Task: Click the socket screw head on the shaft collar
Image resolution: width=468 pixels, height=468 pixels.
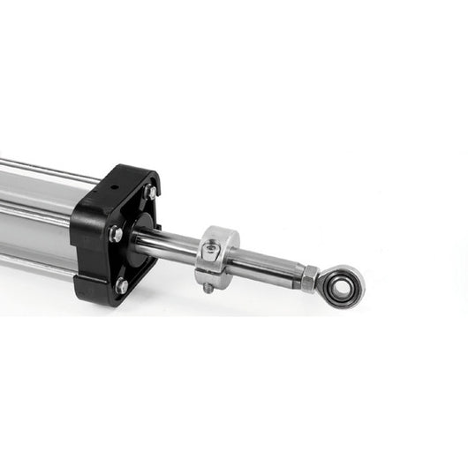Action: click(210, 251)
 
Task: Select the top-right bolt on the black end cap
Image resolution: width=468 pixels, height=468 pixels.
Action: click(151, 192)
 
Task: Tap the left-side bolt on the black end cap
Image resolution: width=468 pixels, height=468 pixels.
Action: click(115, 234)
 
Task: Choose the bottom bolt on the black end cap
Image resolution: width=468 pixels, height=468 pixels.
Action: click(121, 285)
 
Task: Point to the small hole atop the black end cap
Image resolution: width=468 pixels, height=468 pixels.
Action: click(115, 187)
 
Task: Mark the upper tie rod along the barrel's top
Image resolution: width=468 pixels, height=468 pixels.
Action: click(44, 169)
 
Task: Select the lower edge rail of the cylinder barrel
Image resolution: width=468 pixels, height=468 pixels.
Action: click(35, 261)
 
